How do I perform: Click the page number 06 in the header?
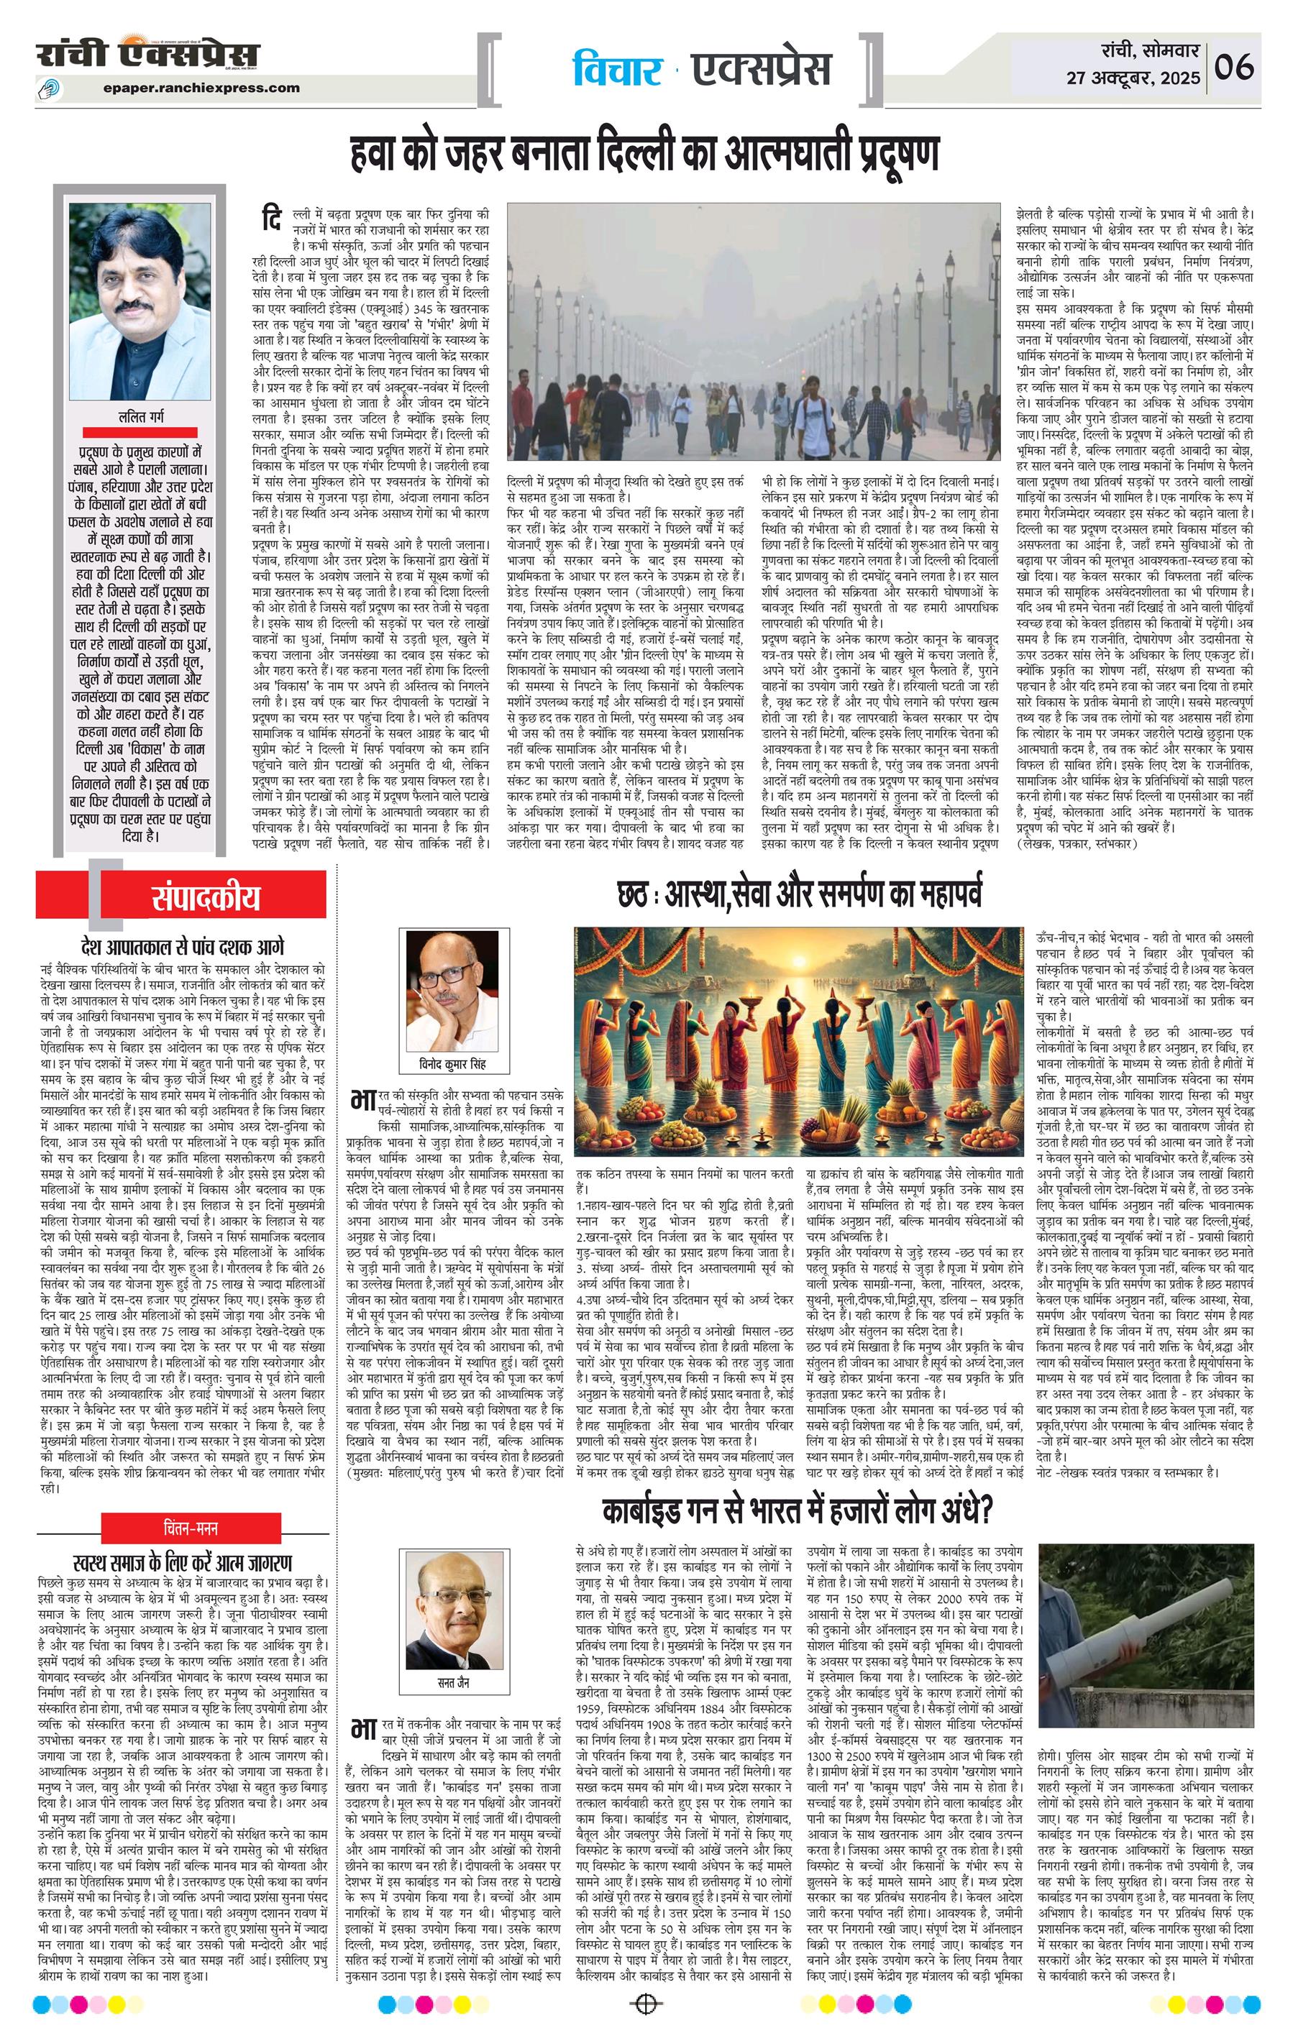click(1234, 66)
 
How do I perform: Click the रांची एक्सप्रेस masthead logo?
click(148, 55)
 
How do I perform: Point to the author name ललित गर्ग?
click(141, 417)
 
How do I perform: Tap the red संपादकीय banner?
click(206, 897)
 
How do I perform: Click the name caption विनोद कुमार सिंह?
click(453, 1064)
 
